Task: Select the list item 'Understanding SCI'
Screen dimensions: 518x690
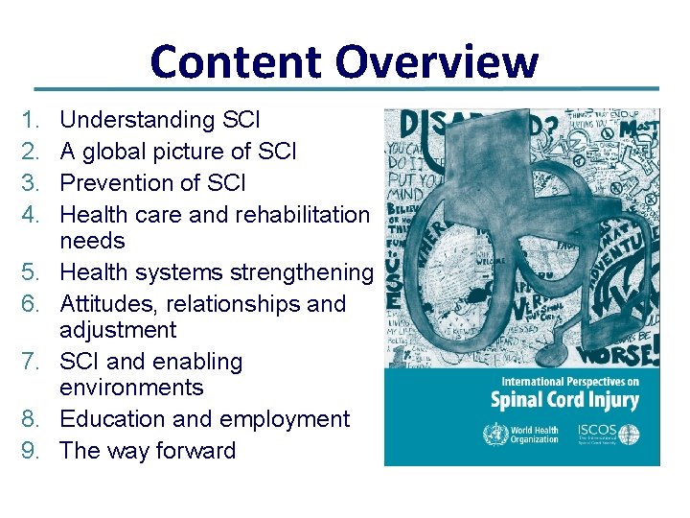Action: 159,120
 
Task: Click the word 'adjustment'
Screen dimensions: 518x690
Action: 118,330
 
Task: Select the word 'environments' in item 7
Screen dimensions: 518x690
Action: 131,388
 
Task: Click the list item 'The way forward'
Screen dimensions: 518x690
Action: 147,451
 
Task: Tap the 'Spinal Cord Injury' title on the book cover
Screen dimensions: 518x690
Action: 564,399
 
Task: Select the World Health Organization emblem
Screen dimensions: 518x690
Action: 495,435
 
